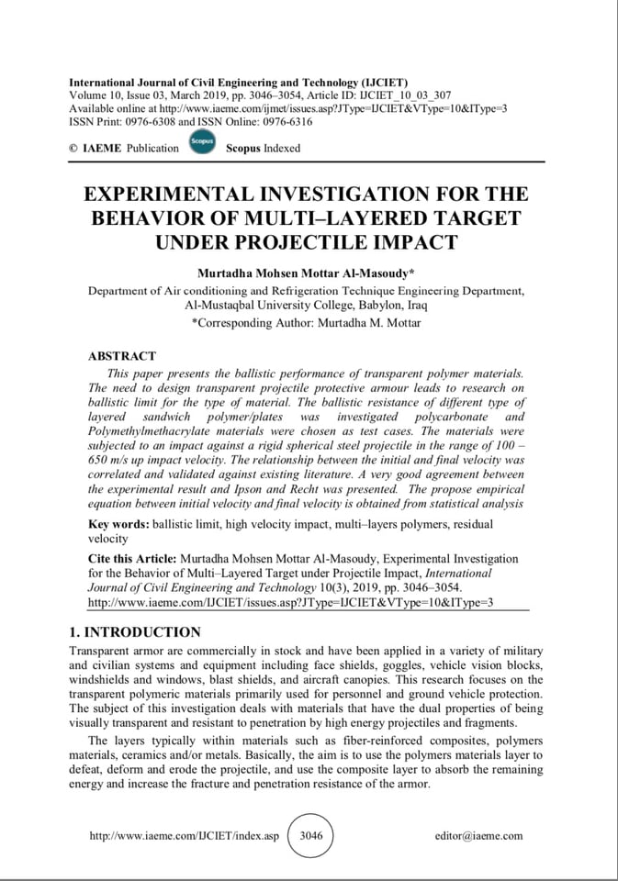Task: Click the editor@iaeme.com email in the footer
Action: [478, 836]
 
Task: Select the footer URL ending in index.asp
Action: [184, 836]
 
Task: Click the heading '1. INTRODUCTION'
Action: [135, 632]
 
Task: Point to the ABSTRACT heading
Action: [121, 355]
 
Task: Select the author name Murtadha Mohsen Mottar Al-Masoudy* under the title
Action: [307, 273]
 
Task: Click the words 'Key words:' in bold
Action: [118, 524]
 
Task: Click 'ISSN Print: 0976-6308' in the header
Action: [122, 121]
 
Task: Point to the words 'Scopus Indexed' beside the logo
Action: [263, 148]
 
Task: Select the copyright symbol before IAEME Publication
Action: [73, 148]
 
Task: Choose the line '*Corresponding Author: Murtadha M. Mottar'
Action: [307, 323]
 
